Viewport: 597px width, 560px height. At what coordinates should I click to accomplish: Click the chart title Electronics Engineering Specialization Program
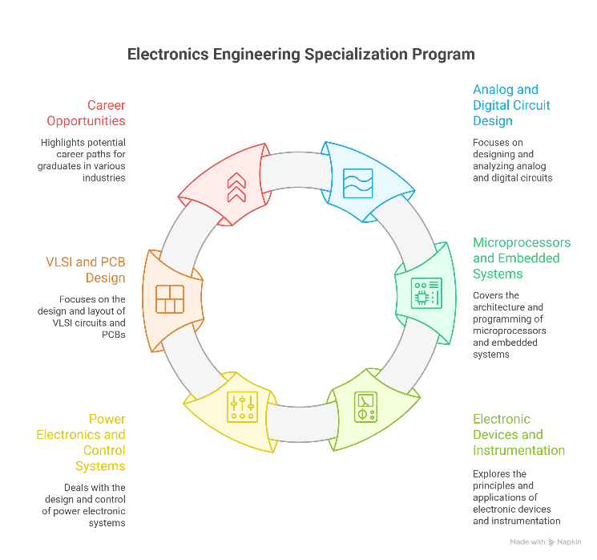point(301,55)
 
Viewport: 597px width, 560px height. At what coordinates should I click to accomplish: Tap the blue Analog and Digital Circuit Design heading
point(511,105)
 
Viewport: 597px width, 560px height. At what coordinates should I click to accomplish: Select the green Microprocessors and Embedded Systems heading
point(521,258)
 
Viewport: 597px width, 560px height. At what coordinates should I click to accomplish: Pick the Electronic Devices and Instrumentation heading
point(518,434)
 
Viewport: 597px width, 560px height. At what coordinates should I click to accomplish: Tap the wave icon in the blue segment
point(357,183)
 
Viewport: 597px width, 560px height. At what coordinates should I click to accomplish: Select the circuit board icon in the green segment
point(426,293)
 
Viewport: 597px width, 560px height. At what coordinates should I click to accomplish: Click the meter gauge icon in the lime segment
point(366,407)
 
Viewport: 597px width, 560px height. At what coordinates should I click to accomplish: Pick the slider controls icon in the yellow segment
point(242,407)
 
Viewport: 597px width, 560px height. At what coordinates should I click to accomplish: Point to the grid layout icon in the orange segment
point(169,299)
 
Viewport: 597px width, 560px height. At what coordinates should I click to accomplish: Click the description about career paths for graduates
point(83,160)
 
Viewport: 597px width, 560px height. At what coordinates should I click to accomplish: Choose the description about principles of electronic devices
point(516,497)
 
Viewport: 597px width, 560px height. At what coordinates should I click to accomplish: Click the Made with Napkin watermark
point(548,542)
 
